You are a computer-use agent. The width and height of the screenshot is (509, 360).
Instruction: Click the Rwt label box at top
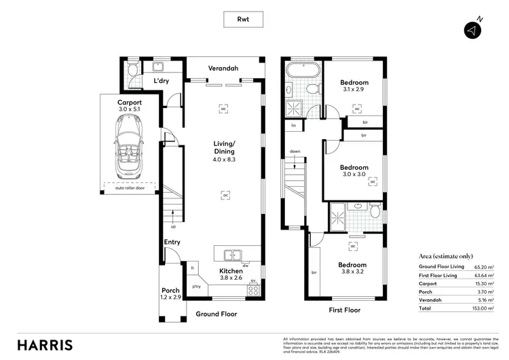click(x=243, y=20)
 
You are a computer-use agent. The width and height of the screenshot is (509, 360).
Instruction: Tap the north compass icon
click(x=472, y=30)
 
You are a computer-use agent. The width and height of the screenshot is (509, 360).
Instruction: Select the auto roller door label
click(x=130, y=187)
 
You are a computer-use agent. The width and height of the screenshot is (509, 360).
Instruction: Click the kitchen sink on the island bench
click(x=231, y=255)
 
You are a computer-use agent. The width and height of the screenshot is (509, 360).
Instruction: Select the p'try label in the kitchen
click(x=197, y=287)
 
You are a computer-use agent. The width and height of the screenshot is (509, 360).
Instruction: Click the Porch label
click(x=170, y=291)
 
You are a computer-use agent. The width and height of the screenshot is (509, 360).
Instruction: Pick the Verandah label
click(x=225, y=68)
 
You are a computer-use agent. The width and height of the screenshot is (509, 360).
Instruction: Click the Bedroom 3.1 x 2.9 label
click(x=354, y=86)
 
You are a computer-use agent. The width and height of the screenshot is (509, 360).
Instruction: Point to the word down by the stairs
click(x=295, y=151)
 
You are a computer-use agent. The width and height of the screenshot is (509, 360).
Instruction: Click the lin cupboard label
click(x=294, y=126)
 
